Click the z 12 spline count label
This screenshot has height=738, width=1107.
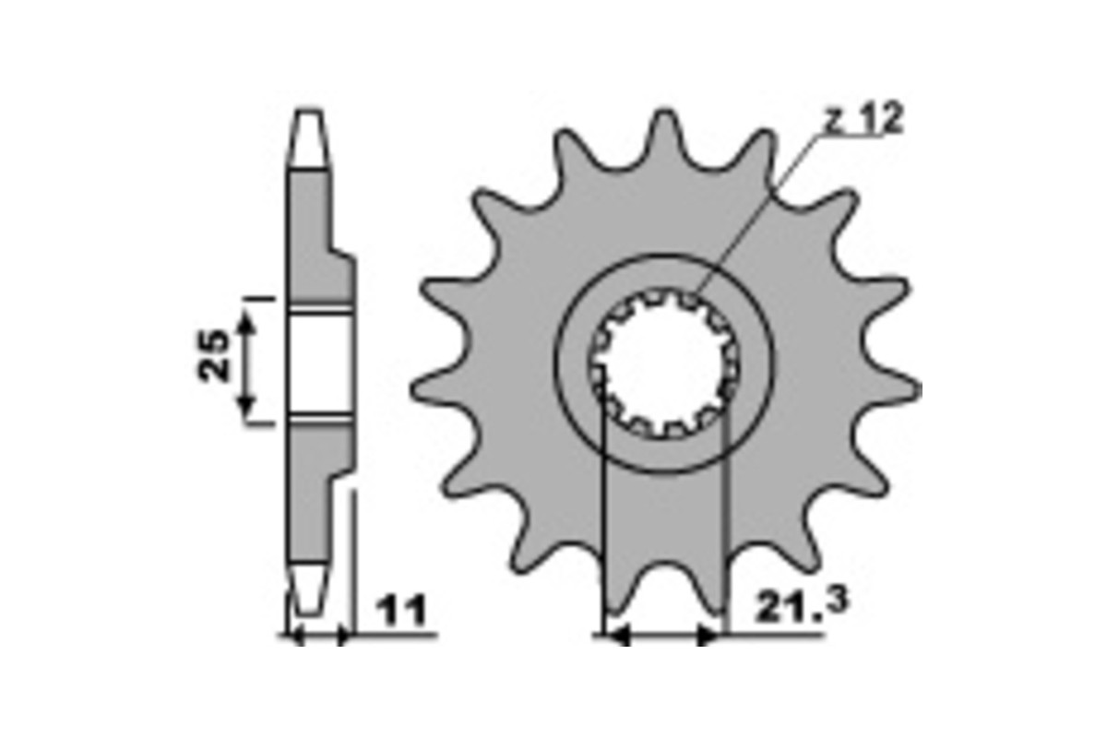(x=863, y=120)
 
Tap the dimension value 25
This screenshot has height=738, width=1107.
(x=215, y=355)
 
